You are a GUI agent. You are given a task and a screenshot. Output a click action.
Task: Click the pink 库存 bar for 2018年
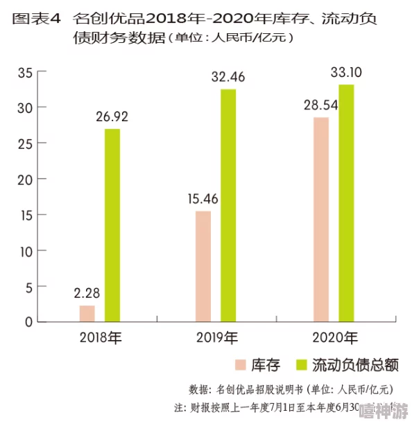(87, 314)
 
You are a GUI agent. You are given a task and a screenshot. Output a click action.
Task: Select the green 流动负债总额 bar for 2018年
(112, 226)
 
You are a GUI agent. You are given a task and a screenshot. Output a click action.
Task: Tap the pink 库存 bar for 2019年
(203, 267)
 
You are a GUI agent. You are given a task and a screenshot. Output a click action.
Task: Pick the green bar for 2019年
(228, 206)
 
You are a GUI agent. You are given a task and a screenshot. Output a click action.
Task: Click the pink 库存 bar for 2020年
(320, 220)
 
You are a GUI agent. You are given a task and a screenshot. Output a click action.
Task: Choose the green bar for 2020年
(346, 204)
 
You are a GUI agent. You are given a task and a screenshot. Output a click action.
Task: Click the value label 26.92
(112, 116)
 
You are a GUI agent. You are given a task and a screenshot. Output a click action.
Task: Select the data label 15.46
(203, 199)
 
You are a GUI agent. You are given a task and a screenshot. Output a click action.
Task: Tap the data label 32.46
(229, 77)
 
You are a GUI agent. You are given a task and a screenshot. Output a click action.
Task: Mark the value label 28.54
(320, 105)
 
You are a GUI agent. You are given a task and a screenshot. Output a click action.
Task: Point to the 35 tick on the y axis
(26, 72)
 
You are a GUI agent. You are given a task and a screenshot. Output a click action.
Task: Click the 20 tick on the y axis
(26, 179)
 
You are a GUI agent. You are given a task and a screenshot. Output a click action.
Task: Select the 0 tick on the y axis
(29, 322)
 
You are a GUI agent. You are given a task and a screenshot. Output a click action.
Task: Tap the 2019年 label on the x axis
(216, 339)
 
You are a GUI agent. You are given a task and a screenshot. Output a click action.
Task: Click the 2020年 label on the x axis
(335, 339)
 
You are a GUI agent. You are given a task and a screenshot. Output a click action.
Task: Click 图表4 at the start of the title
(36, 18)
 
